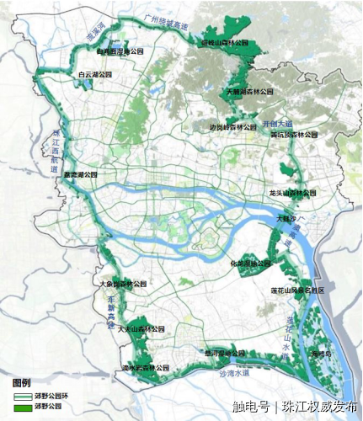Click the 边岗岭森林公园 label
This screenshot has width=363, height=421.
232,128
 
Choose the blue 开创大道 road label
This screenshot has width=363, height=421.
277,123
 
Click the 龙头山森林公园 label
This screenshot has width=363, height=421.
293,193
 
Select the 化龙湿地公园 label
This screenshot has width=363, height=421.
250,264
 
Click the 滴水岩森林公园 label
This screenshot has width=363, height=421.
141,368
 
